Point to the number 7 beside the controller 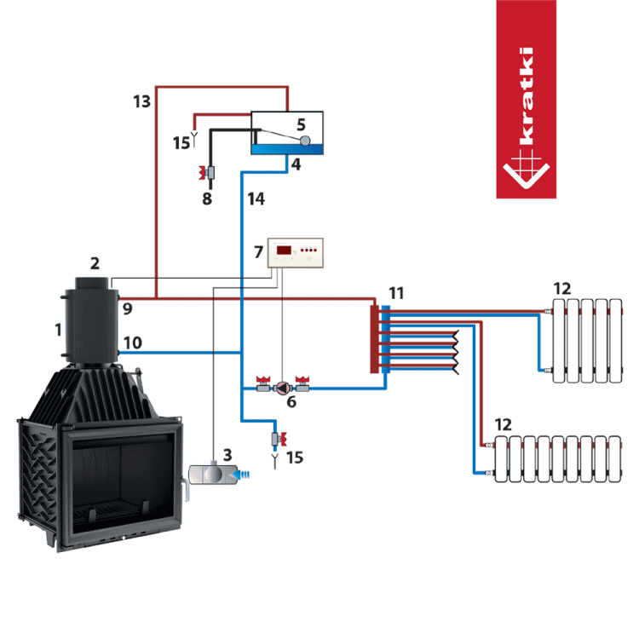click(259, 251)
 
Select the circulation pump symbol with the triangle click(279, 386)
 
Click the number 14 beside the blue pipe click(256, 199)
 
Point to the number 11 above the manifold click(395, 292)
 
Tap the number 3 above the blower click(226, 453)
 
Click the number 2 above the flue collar click(95, 262)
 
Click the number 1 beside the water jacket click(58, 328)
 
